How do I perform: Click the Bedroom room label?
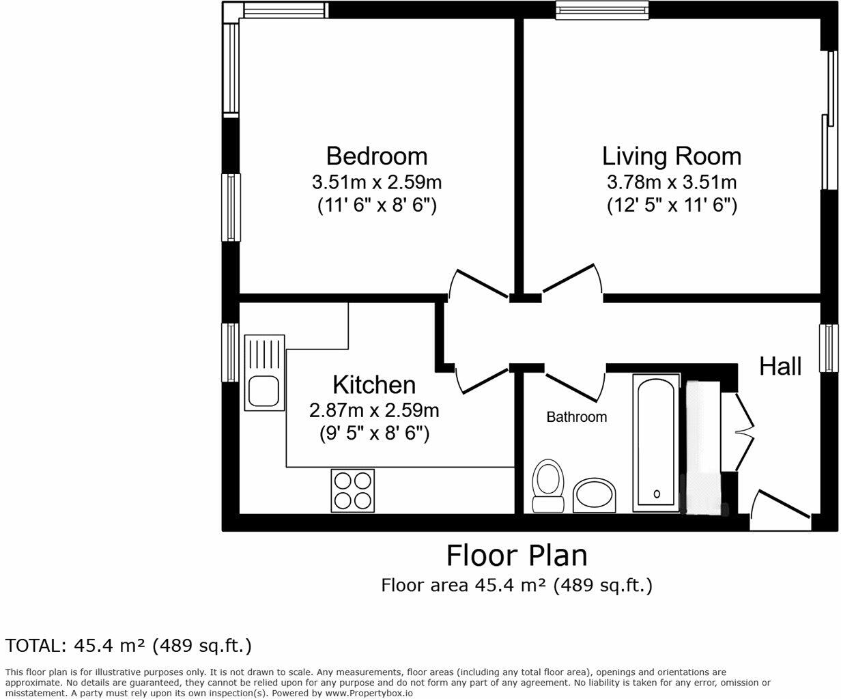[377, 156]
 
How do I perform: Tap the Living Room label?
[671, 156]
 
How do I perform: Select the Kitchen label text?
[374, 385]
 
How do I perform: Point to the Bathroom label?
[576, 417]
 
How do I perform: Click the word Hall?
[780, 367]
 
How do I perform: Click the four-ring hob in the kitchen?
[352, 489]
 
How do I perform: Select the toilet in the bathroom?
[547, 485]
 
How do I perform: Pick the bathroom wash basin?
[594, 495]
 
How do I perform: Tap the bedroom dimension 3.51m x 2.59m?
[377, 182]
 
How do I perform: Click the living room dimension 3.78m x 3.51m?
[671, 182]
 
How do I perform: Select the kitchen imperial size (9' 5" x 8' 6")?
[374, 433]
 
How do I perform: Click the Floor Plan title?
[516, 556]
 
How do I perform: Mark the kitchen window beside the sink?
[231, 352]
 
